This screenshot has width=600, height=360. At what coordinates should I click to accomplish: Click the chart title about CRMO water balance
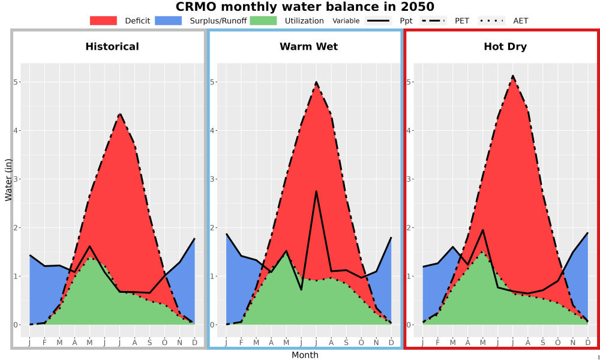point(305,7)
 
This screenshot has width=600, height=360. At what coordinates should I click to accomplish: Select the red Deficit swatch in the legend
point(103,20)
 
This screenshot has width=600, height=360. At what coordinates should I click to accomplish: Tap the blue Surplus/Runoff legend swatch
point(169,20)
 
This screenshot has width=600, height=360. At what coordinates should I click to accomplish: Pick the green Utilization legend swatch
point(263,20)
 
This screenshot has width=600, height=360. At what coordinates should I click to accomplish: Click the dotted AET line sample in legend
point(491,20)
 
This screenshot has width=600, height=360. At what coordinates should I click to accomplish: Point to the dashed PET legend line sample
point(433,20)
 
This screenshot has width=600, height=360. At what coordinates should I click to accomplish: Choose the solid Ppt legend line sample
point(378,20)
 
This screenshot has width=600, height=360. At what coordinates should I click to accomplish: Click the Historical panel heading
point(112,47)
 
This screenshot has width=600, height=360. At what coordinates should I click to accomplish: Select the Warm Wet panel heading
point(309,47)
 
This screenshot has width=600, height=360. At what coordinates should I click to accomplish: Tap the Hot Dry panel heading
point(505,47)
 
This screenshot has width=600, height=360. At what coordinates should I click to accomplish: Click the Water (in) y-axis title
point(8,180)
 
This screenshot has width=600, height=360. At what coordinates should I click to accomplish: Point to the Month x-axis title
point(305,355)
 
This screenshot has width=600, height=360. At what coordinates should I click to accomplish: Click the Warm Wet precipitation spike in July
point(316,191)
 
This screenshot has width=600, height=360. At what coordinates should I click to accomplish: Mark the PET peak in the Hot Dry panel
point(513,76)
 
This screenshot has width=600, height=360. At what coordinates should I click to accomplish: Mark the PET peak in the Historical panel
point(120,113)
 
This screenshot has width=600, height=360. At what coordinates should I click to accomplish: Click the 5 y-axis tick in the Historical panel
point(16,82)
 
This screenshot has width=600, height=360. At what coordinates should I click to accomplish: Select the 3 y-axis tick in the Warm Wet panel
point(212,179)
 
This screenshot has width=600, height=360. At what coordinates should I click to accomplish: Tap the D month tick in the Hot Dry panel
point(588,343)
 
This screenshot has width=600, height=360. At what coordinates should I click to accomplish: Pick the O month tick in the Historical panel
point(164,343)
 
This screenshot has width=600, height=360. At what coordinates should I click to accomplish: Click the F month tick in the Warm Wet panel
point(241,343)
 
